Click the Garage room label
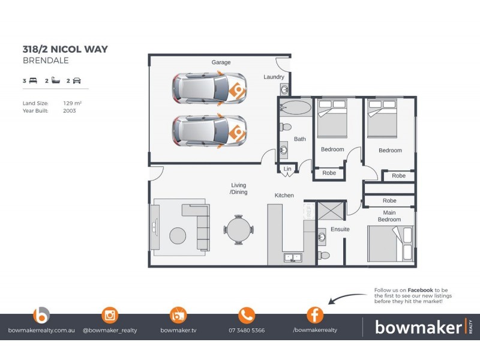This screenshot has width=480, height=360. (x=221, y=62)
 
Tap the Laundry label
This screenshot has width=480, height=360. (x=274, y=77)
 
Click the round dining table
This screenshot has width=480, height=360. (x=239, y=230)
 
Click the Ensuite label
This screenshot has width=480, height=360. (x=340, y=229)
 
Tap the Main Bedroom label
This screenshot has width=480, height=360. (x=389, y=216)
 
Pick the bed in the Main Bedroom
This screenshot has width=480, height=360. (x=391, y=244)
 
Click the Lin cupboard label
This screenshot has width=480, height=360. (x=287, y=170)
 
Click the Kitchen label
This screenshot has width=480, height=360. (x=284, y=196)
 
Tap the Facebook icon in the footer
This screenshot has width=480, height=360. (x=315, y=315)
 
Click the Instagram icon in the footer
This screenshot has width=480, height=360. (x=110, y=315)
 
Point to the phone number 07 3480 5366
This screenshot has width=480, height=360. (x=247, y=330)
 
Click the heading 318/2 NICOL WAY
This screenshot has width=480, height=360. (x=65, y=49)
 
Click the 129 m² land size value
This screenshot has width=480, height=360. (x=72, y=103)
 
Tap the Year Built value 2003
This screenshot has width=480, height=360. (x=70, y=111)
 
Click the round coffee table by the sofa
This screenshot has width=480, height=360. (x=178, y=236)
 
